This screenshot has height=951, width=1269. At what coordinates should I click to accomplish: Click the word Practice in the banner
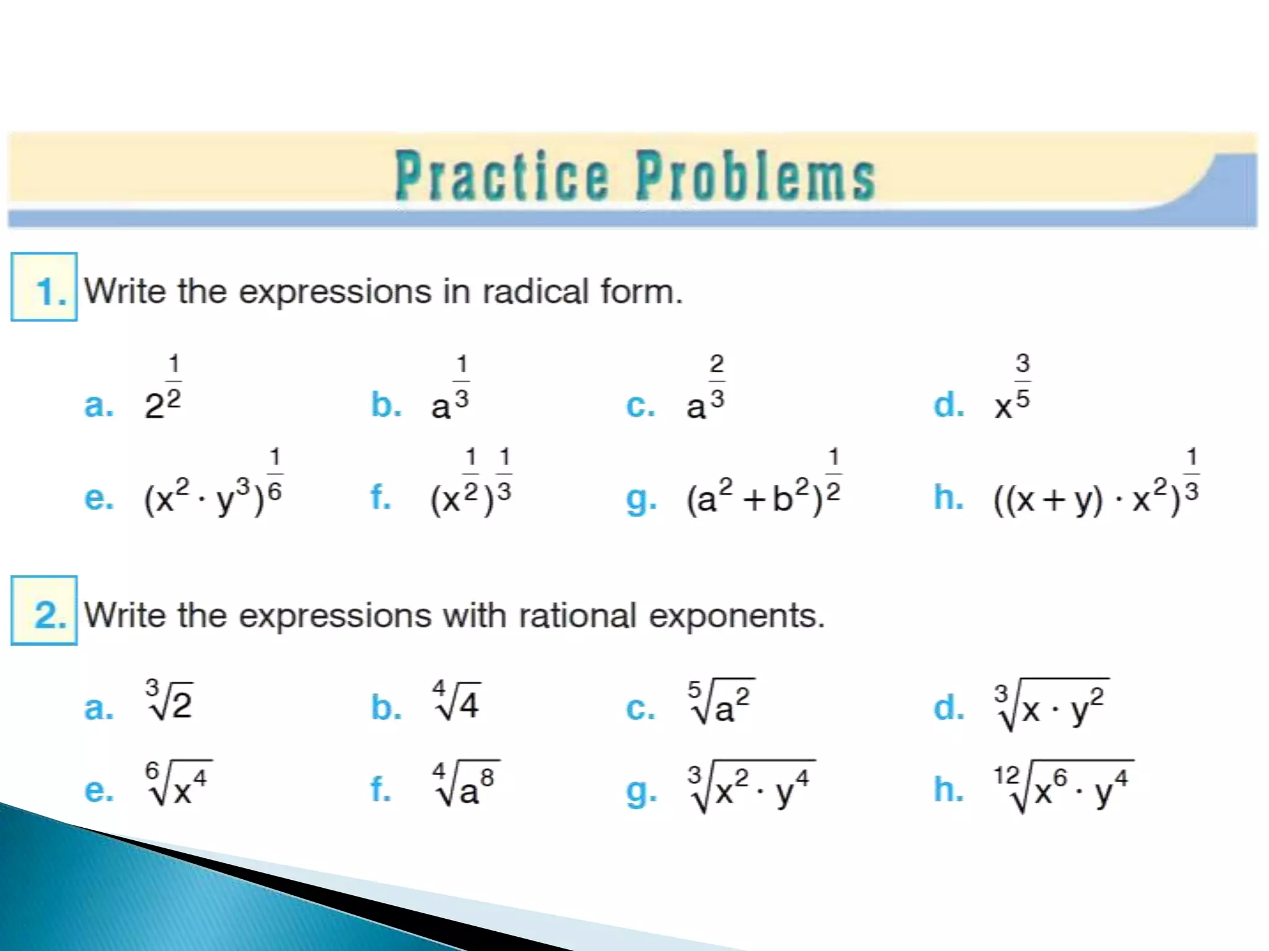[502, 178]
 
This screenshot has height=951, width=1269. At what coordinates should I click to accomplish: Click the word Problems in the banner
[755, 178]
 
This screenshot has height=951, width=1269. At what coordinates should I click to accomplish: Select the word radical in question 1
[535, 291]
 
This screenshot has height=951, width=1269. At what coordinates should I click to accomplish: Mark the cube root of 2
[169, 701]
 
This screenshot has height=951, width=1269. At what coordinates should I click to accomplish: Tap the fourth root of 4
[456, 701]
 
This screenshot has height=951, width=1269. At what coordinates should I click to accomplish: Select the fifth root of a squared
[721, 703]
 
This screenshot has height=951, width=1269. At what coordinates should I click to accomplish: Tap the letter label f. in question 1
[380, 497]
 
